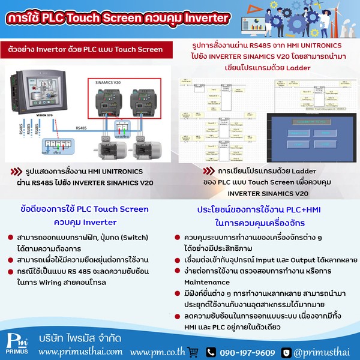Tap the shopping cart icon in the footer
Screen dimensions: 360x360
pos(193,351)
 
